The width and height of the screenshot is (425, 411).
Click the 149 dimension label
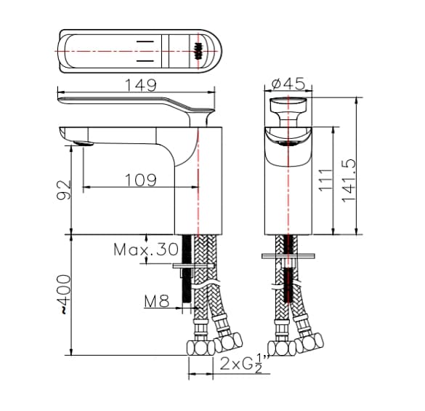point(139,85)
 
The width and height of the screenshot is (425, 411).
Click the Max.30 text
point(145,250)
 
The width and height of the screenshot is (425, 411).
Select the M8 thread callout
point(156,300)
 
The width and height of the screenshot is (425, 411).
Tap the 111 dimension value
point(326,180)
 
